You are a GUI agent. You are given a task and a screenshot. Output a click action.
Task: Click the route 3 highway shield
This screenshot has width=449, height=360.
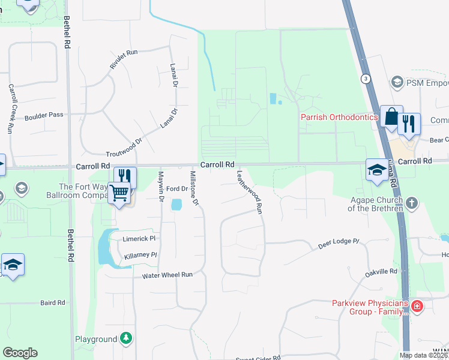[365, 79]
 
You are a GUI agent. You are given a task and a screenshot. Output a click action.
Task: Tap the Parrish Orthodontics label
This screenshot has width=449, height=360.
[339, 117]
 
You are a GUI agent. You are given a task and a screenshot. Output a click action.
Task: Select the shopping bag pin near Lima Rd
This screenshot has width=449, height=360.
[391, 118]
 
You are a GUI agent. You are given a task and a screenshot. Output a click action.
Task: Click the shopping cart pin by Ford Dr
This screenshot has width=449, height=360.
[119, 194]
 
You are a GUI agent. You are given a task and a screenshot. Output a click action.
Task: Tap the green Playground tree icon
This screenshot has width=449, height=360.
[126, 339]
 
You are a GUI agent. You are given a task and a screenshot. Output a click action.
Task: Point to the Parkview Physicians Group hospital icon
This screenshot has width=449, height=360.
[417, 308]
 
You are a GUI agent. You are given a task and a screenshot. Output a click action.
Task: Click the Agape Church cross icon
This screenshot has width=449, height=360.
[411, 203]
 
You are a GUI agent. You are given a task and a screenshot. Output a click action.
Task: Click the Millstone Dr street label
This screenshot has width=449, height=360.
[194, 188]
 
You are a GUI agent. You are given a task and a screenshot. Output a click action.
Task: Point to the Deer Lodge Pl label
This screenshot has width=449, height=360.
[338, 244]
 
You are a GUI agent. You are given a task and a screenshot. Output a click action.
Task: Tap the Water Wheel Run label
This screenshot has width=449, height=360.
[167, 275]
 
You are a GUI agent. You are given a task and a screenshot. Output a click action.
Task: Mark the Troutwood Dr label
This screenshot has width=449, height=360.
[123, 148]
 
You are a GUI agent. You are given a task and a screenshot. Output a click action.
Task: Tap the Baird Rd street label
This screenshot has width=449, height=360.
[52, 303]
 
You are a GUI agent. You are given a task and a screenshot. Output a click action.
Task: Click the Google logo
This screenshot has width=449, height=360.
[20, 353]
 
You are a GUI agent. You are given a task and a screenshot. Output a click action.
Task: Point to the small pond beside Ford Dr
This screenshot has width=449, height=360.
[176, 205]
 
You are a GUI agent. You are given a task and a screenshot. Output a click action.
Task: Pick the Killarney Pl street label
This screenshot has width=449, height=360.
[140, 256]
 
